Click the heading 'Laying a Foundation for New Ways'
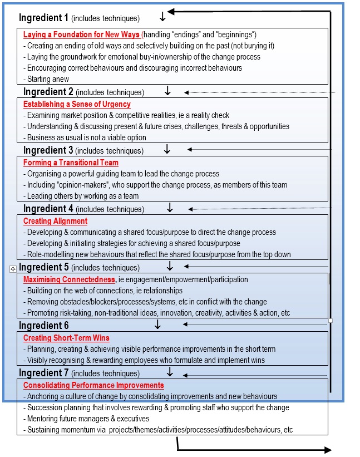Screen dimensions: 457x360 (81, 35)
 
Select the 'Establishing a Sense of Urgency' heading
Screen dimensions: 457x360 (77, 104)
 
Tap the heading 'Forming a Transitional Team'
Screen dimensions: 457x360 (71, 163)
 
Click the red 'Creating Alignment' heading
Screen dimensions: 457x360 (55, 221)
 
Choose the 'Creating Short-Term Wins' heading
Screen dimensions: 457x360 (66, 338)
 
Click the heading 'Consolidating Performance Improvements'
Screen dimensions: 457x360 (93, 385)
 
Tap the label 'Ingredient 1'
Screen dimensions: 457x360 (43, 18)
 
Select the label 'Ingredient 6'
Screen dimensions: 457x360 (43, 325)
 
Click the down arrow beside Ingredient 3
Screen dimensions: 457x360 (166, 149)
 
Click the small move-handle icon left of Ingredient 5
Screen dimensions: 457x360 (13, 269)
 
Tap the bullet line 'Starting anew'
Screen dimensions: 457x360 (48, 79)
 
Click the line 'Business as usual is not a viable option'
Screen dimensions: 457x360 (87, 137)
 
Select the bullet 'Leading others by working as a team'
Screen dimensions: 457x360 (83, 196)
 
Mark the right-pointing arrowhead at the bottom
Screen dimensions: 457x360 (328, 450)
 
